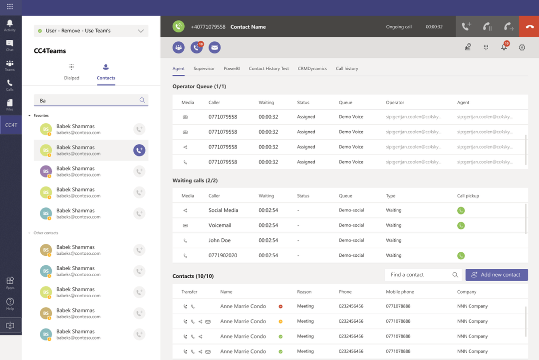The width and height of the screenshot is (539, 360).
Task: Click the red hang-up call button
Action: (x=529, y=26)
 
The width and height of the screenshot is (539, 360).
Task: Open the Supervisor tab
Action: (x=204, y=69)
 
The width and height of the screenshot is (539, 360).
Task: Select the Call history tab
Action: (x=347, y=69)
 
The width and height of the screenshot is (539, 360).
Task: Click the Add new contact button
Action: (x=497, y=275)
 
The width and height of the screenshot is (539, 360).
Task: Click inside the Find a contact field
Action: (x=419, y=275)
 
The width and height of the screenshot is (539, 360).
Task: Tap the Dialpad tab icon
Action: (x=71, y=67)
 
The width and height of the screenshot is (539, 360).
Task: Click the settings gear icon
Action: (x=522, y=47)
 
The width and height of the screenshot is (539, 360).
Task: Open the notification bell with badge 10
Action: (x=504, y=47)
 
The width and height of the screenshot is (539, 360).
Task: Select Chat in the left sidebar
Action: (x=9, y=45)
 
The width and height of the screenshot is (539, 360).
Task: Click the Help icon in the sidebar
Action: (x=10, y=304)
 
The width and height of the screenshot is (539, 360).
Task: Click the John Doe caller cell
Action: (x=220, y=240)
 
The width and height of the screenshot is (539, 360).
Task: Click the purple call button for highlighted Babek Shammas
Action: (x=139, y=150)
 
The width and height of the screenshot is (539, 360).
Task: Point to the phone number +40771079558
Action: (x=208, y=27)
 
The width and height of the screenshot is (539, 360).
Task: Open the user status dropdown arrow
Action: (x=141, y=31)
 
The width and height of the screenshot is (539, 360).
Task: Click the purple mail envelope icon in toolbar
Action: (x=215, y=47)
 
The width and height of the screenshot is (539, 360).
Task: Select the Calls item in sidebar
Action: (x=9, y=85)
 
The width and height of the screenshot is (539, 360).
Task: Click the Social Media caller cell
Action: (x=223, y=210)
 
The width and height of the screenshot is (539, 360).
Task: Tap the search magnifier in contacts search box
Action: (x=142, y=100)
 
